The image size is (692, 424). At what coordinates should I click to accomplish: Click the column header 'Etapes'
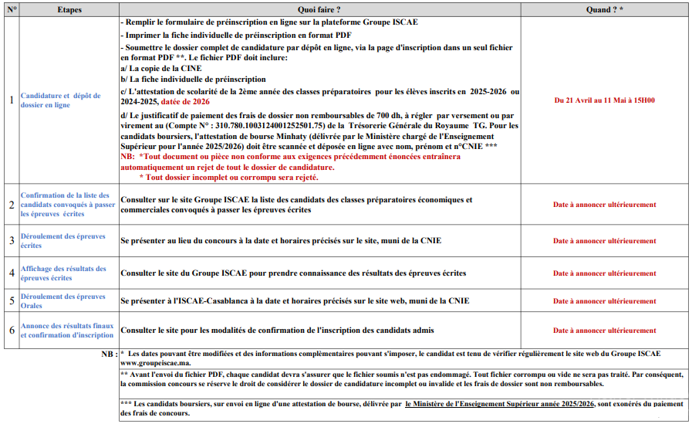[x=69, y=10]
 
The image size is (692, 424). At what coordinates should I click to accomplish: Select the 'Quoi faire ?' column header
[x=319, y=10]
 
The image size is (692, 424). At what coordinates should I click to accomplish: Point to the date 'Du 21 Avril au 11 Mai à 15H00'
[x=604, y=100]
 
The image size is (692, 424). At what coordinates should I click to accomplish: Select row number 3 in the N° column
[x=11, y=240]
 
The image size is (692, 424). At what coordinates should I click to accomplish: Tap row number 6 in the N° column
[x=11, y=331]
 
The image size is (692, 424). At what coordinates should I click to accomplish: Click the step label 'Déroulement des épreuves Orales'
[x=63, y=301]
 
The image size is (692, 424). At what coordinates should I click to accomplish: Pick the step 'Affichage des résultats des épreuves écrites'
[x=63, y=273]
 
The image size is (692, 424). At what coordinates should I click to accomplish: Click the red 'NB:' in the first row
[x=128, y=156]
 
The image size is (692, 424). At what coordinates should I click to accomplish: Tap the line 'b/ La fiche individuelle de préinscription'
[x=193, y=79]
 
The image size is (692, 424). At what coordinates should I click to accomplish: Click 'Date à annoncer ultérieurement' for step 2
[x=604, y=205]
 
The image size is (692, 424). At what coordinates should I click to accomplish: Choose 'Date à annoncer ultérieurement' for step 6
[x=604, y=331]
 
